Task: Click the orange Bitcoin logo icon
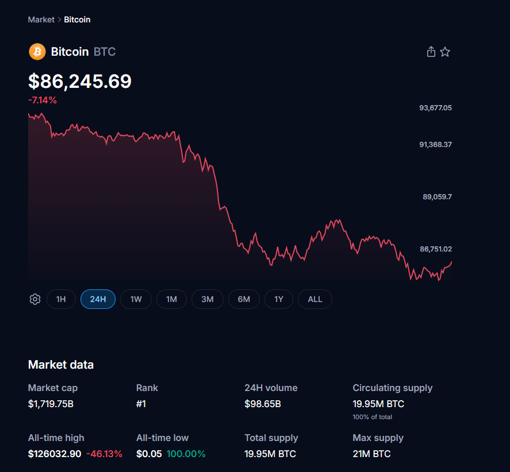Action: (37, 52)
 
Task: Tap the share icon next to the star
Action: (431, 52)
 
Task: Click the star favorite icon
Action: (445, 52)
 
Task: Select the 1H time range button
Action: (61, 299)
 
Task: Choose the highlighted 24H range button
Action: (98, 299)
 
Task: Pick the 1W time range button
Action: (136, 299)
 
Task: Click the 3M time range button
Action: (208, 299)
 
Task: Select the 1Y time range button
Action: (279, 299)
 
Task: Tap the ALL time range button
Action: (315, 299)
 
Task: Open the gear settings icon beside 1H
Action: (35, 299)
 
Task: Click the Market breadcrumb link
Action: (41, 20)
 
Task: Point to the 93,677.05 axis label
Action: (435, 107)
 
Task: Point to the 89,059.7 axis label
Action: (437, 196)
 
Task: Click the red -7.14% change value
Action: (43, 100)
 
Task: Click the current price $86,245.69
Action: (80, 82)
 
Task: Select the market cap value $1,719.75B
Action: (51, 404)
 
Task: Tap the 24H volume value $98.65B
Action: (263, 404)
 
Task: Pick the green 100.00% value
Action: (186, 454)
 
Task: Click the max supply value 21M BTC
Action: (371, 454)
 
